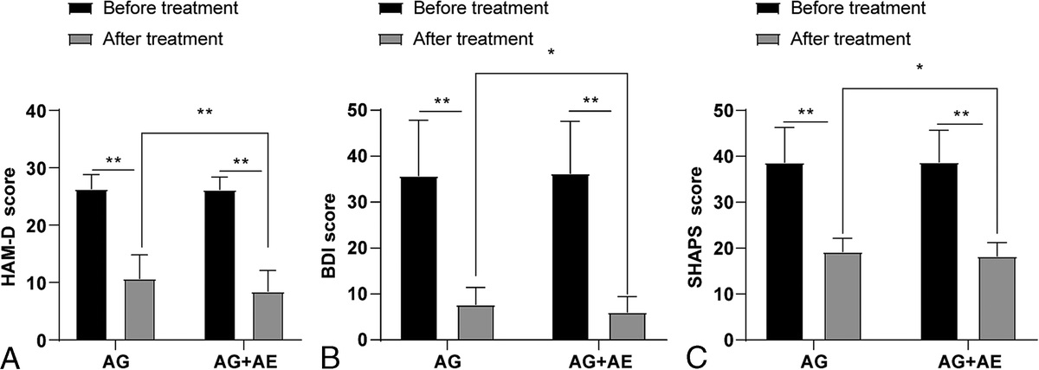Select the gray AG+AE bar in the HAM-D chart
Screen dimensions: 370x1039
pyautogui.click(x=268, y=316)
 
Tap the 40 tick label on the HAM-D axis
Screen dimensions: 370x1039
pyautogui.click(x=37, y=111)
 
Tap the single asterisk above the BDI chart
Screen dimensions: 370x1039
pyautogui.click(x=551, y=53)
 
